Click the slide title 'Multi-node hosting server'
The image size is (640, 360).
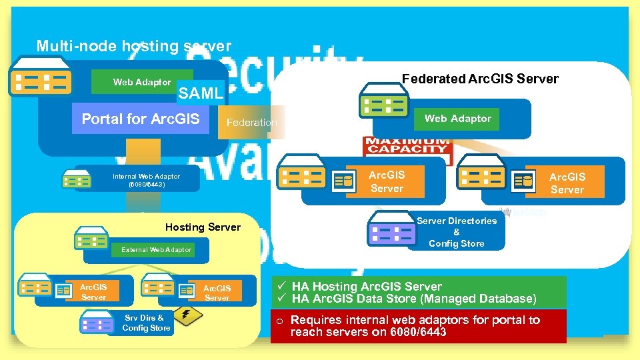click(134, 47)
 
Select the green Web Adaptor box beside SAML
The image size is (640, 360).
click(142, 82)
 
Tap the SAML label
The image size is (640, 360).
click(200, 93)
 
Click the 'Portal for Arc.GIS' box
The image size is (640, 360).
click(141, 119)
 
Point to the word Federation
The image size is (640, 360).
click(251, 123)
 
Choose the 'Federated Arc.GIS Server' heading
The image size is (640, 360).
click(480, 79)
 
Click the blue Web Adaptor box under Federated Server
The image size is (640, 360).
click(457, 119)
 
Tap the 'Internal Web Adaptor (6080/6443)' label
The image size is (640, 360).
click(146, 180)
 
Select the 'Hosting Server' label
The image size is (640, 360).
click(203, 227)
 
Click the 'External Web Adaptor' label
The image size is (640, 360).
click(156, 250)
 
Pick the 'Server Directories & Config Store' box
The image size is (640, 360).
click(456, 232)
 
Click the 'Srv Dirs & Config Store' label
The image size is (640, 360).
click(146, 323)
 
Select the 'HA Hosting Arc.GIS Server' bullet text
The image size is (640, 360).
click(367, 287)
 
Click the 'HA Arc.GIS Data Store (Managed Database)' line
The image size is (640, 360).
click(413, 299)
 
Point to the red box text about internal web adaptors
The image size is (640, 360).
click(415, 326)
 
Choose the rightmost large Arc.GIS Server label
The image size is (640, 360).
click(567, 183)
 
